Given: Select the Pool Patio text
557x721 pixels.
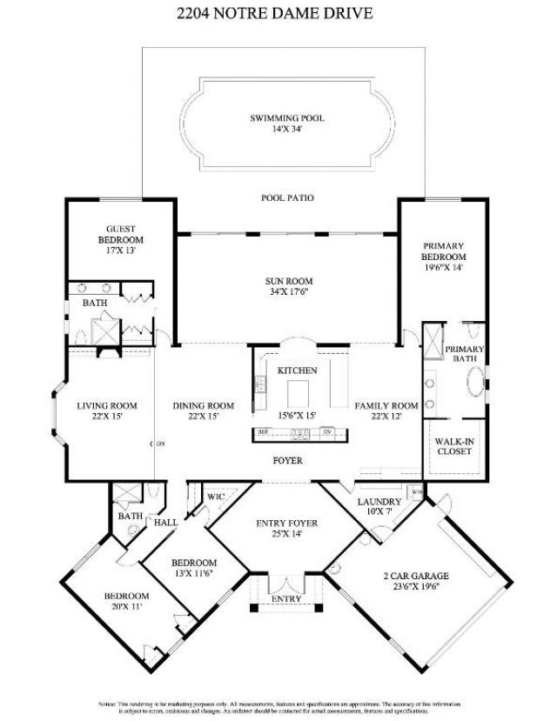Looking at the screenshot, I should click(287, 198).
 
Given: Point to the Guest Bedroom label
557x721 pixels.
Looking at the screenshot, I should click(120, 235).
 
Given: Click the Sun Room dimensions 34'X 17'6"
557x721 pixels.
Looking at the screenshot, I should click(288, 294).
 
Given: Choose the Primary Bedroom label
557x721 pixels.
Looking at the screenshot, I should click(444, 251).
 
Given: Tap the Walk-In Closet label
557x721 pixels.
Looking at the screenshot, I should click(455, 447).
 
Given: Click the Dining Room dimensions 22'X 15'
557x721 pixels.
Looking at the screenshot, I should click(204, 417).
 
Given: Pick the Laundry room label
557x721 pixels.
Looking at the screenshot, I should click(379, 502).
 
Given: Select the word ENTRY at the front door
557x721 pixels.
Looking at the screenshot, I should click(286, 599).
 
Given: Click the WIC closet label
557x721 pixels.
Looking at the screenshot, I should click(215, 497).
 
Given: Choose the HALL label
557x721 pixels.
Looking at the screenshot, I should click(165, 523).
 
